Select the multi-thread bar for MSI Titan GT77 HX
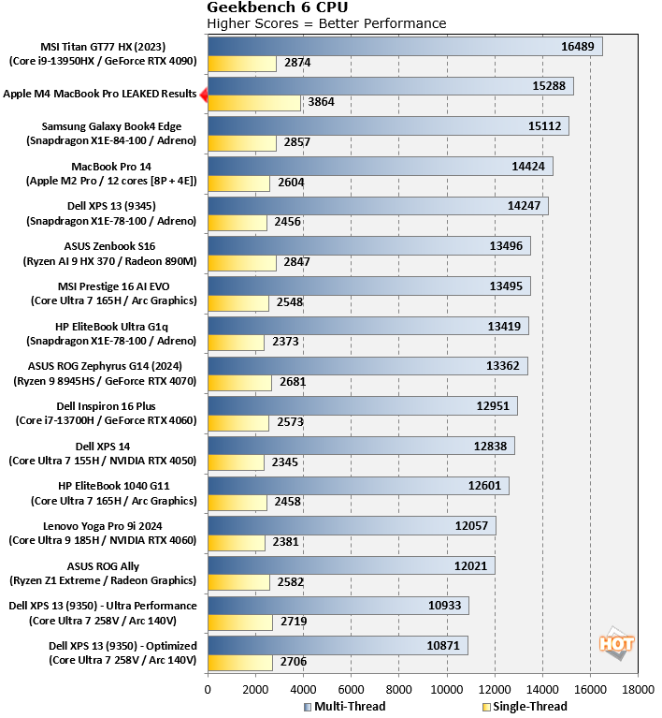[x=405, y=46]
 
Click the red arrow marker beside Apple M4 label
[x=203, y=94]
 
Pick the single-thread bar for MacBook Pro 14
[x=238, y=183]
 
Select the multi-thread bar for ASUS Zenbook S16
[x=368, y=246]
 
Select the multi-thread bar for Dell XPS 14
[x=361, y=447]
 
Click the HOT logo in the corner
[x=616, y=644]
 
